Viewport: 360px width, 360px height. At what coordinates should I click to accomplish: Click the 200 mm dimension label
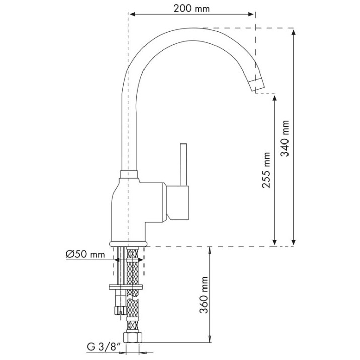tap(191, 9)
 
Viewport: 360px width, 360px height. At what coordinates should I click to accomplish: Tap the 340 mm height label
tap(285, 138)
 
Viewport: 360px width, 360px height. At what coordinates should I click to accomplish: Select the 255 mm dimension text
tap(266, 170)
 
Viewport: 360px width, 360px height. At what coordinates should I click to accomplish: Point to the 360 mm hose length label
tap(204, 295)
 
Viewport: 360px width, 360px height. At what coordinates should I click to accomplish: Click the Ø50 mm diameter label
tap(86, 254)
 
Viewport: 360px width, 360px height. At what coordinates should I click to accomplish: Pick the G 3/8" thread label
tap(104, 347)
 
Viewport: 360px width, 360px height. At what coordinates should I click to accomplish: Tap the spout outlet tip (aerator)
tap(257, 84)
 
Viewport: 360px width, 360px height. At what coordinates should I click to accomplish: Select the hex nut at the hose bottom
tap(133, 337)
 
